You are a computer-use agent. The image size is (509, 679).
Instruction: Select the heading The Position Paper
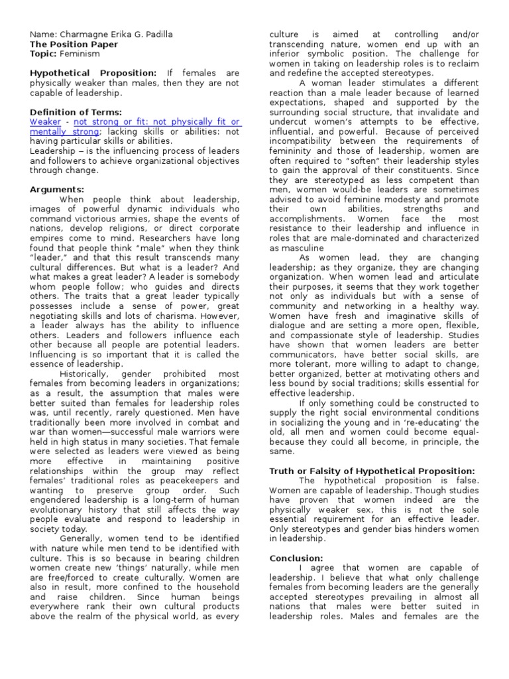coord(74,44)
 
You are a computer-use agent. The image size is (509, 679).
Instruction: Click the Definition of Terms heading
coord(76,113)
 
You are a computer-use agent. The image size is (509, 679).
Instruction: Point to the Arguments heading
coord(57,190)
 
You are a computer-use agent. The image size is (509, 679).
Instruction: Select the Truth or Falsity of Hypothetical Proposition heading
coord(372,470)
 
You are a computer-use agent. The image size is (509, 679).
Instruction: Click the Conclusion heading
coord(296,558)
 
